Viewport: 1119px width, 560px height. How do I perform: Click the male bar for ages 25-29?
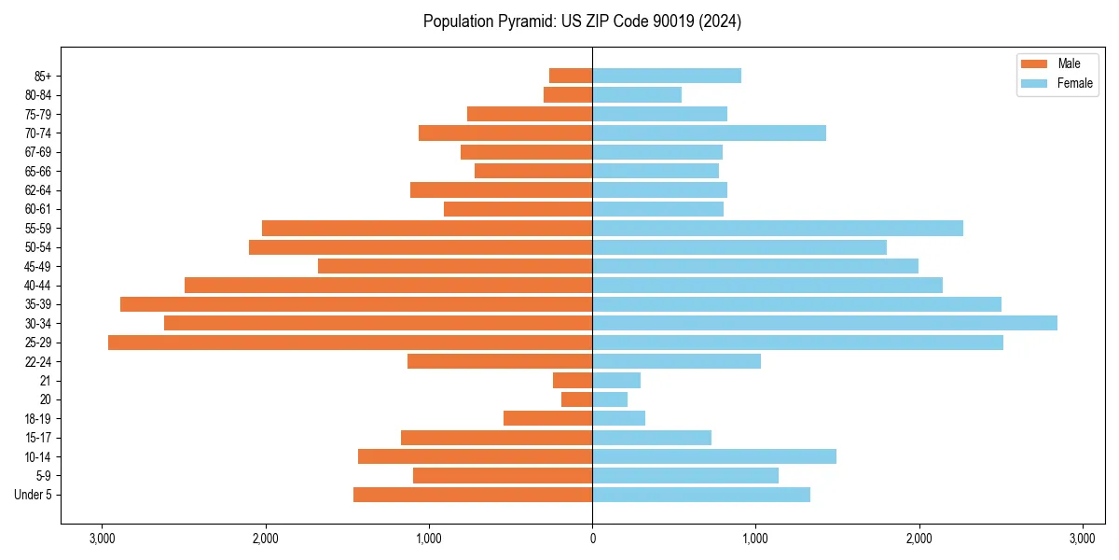[x=350, y=343]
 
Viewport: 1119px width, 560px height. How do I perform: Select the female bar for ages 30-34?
[x=824, y=323]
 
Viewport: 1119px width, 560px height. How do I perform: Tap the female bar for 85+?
[x=667, y=76]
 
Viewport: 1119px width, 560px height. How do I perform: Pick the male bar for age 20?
[x=576, y=399]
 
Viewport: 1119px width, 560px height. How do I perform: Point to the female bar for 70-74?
[x=709, y=133]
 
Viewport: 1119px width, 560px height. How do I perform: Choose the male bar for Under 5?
[x=473, y=495]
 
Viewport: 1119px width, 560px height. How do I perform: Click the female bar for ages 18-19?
[x=618, y=418]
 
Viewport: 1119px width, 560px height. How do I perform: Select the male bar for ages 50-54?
[x=421, y=247]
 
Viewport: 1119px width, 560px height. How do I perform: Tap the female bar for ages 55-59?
[x=778, y=228]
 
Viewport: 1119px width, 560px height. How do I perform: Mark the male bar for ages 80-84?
[x=568, y=94]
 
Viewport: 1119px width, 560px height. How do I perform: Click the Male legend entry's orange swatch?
[x=1034, y=63]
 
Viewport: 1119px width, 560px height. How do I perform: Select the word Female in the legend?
[x=1075, y=83]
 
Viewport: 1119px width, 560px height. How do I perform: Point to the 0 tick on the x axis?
[x=592, y=539]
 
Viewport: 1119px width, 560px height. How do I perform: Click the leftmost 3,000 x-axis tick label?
[x=102, y=539]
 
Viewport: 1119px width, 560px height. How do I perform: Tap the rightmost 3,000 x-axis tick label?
[x=1082, y=539]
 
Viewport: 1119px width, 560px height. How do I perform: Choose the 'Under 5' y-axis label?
[x=33, y=495]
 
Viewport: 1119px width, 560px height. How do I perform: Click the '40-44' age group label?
[x=38, y=286]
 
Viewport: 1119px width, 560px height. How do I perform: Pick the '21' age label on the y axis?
[x=46, y=381]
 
